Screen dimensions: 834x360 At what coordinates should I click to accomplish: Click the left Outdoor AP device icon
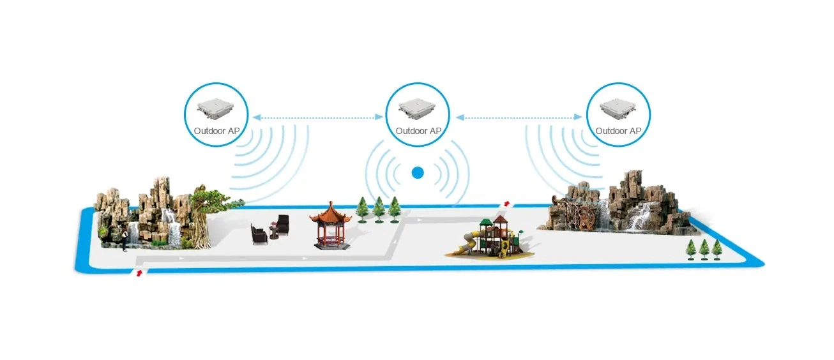click(216, 109)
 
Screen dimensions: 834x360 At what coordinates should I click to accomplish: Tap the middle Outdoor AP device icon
click(418, 109)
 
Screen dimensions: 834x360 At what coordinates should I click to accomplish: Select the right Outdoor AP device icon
click(618, 109)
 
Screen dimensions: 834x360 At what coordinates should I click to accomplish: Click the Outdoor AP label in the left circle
click(216, 131)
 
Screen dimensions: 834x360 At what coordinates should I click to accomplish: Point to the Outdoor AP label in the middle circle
click(418, 131)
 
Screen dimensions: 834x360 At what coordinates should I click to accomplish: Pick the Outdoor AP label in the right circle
click(618, 131)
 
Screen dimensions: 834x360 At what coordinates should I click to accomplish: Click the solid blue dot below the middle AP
click(418, 173)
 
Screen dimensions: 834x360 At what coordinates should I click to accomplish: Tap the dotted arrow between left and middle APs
click(318, 117)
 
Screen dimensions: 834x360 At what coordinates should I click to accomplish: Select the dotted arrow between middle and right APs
click(519, 117)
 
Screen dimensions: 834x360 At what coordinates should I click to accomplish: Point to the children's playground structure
click(490, 237)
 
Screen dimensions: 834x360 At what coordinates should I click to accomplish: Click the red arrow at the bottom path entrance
click(139, 273)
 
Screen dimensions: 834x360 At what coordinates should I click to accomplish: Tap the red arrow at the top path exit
click(506, 203)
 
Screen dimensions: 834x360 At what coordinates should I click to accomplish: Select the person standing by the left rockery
click(125, 240)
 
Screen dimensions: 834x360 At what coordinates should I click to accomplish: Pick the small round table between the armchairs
click(274, 231)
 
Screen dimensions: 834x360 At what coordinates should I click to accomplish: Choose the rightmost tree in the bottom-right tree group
click(717, 250)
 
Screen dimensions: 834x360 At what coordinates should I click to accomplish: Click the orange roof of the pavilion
click(331, 214)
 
